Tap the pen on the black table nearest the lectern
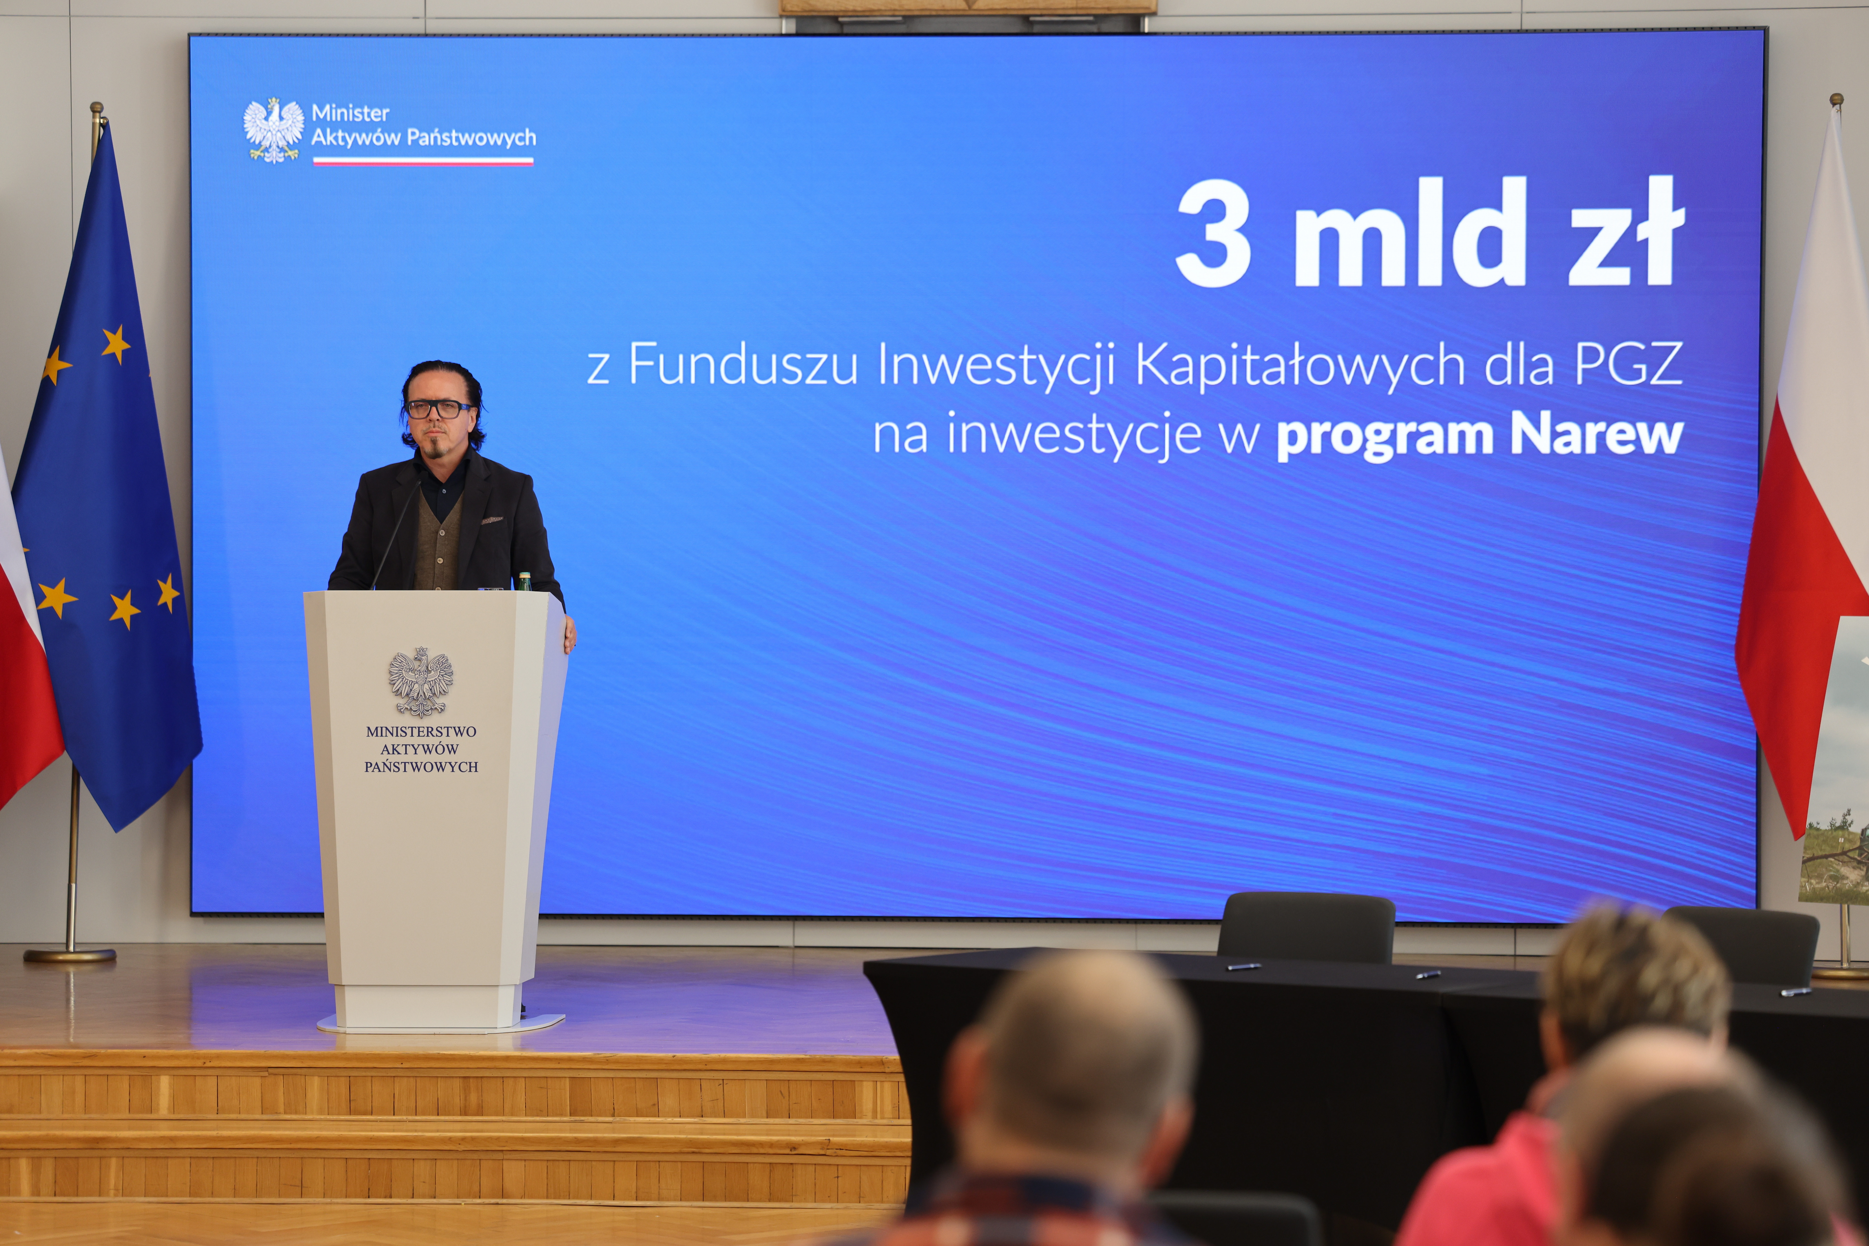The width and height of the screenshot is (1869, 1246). point(1243,966)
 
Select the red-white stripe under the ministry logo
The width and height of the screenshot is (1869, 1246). point(423,161)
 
